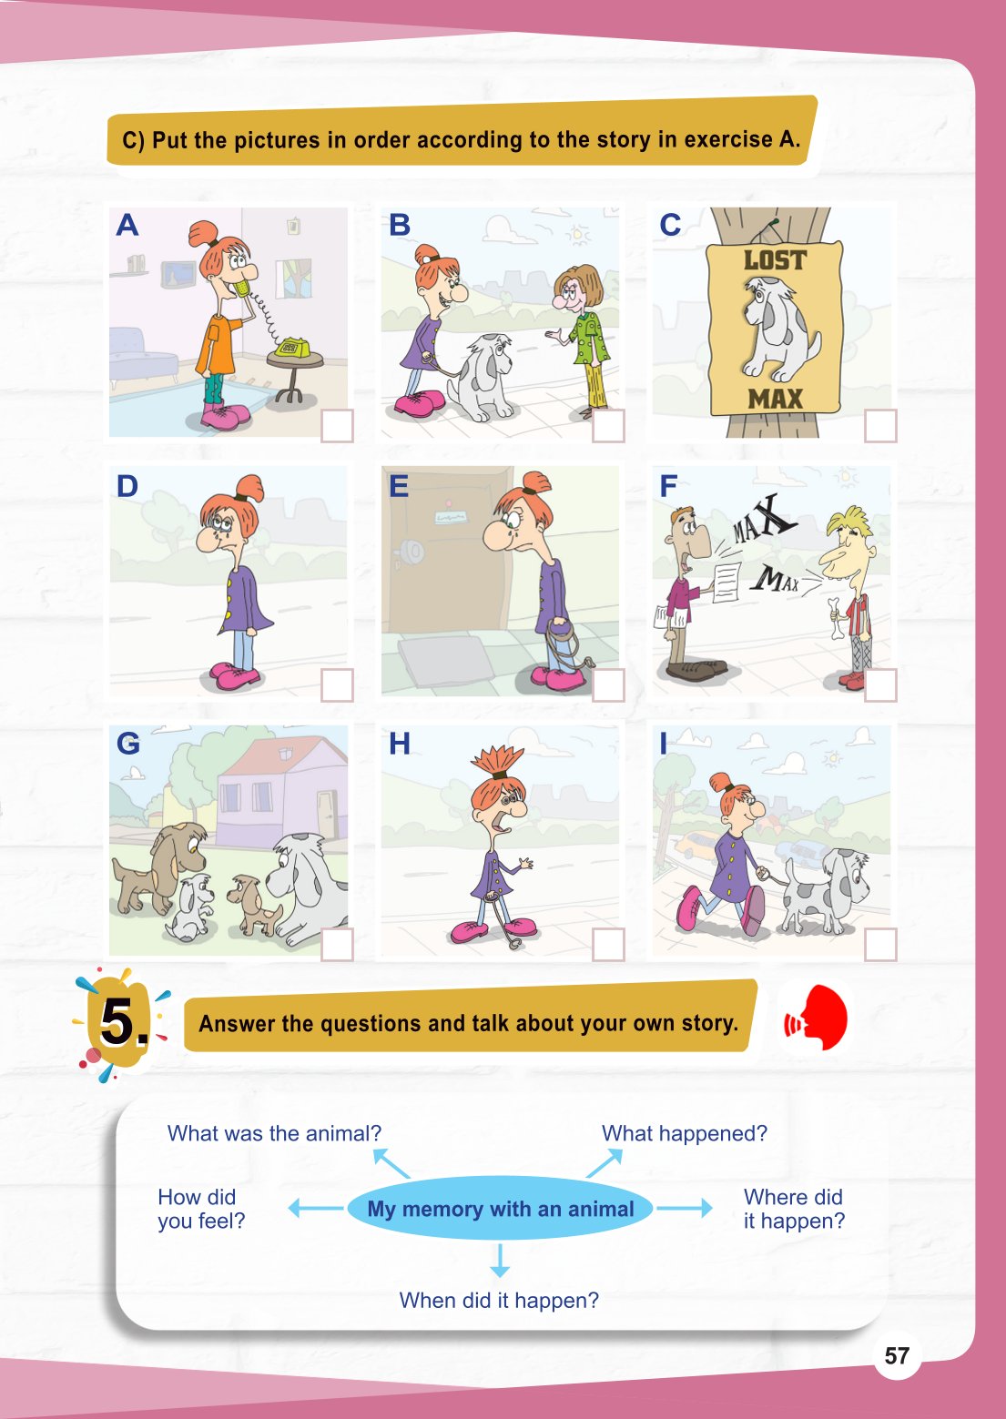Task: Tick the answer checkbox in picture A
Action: tap(337, 426)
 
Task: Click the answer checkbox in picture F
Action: tap(880, 685)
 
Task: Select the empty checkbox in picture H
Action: tap(608, 945)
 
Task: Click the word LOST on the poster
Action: tap(774, 260)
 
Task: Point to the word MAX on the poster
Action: tap(775, 399)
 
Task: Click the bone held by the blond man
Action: tap(838, 618)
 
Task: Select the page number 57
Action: tap(897, 1355)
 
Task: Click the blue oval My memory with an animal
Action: tap(501, 1209)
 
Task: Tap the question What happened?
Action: tap(685, 1133)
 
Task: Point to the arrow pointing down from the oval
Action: tap(500, 1260)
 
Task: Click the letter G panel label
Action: tap(128, 744)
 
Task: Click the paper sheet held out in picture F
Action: tap(727, 583)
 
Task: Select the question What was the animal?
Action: tap(274, 1133)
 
